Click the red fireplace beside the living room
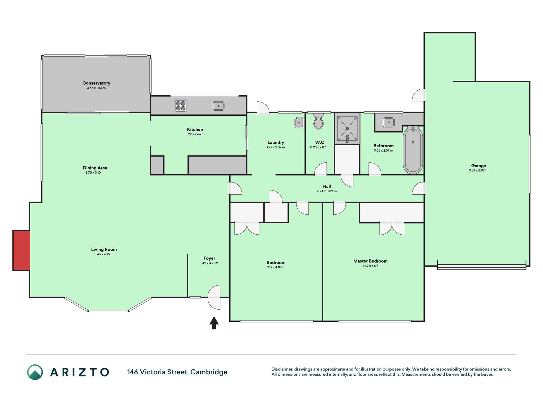click(21, 250)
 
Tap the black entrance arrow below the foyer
click(214, 323)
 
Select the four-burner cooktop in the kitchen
click(181, 106)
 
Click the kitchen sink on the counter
click(219, 106)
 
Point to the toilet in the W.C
click(318, 121)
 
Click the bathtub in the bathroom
click(413, 150)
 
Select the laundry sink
click(299, 122)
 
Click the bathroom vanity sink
click(388, 122)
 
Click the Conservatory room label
click(96, 83)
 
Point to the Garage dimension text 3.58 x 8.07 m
click(478, 170)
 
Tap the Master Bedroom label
click(371, 261)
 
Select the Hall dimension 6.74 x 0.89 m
click(327, 191)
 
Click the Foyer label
click(209, 258)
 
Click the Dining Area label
click(95, 168)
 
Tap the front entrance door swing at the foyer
click(214, 297)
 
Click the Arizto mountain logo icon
click(35, 372)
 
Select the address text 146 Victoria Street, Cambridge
click(177, 372)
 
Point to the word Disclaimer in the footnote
click(282, 369)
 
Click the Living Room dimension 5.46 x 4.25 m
click(104, 254)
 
